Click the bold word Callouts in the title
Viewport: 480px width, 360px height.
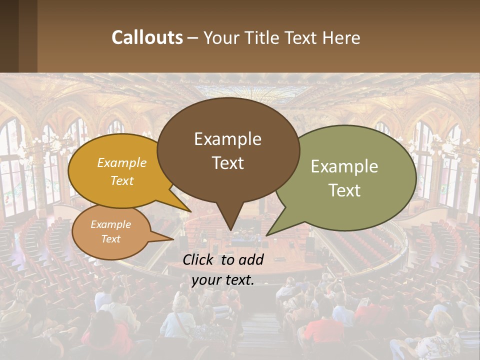coord(147,37)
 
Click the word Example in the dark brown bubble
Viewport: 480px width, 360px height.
coord(227,139)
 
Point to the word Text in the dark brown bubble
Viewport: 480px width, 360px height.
coord(227,162)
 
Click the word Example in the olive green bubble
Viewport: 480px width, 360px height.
coord(344,166)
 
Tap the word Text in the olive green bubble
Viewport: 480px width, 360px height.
coord(344,190)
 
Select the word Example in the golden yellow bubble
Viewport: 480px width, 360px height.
coord(122,162)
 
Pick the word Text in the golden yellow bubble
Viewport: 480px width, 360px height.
coord(122,180)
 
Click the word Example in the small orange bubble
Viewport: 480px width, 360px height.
coord(110,224)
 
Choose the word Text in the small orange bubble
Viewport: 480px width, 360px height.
coord(110,239)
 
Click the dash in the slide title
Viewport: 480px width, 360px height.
coord(193,37)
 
